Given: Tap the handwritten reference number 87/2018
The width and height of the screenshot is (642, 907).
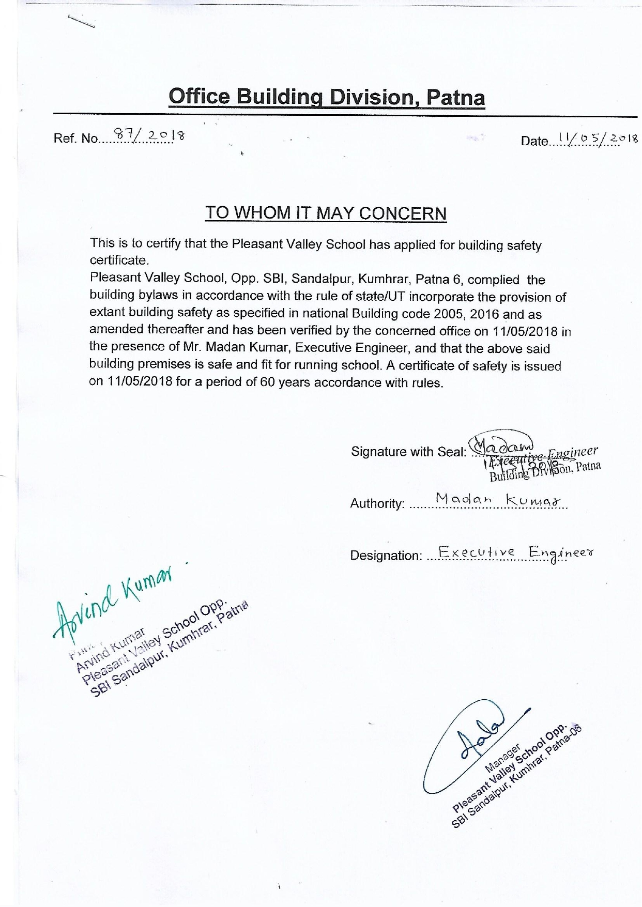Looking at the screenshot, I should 149,135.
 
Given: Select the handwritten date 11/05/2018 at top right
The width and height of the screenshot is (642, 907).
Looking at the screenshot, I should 595,138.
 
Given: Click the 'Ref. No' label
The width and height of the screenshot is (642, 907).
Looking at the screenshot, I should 75,139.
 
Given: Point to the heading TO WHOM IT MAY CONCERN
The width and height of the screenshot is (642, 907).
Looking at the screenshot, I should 326,213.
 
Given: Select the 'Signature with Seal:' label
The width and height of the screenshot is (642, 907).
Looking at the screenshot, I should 408,452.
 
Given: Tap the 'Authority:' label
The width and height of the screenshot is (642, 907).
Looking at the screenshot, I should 377,503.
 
